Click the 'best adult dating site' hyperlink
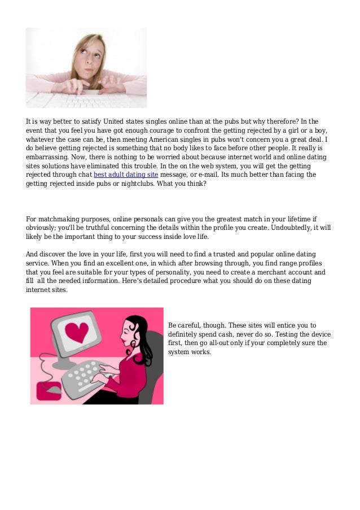pos(125,175)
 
